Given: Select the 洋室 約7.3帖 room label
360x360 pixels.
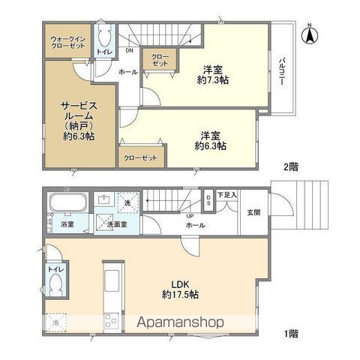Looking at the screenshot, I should click(213, 73).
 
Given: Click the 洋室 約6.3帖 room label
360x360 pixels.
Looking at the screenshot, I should click(211, 140).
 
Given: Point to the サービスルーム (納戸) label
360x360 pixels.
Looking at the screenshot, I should click(77, 120).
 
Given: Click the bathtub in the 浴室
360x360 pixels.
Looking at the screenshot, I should click(69, 203).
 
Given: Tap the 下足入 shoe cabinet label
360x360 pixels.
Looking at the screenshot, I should click(228, 195).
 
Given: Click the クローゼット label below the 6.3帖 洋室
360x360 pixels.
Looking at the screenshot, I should click(140, 158).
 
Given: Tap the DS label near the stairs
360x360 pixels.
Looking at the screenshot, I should click(208, 199).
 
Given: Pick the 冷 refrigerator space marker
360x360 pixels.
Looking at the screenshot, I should click(56, 323).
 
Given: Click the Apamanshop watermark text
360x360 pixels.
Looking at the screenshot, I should click(181, 322).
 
